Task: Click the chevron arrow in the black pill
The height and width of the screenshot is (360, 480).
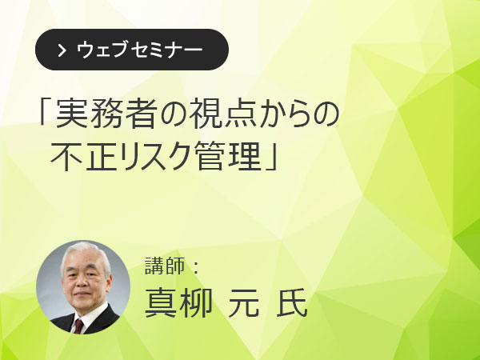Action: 62,50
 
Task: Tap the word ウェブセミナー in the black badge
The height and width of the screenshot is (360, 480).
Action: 139,50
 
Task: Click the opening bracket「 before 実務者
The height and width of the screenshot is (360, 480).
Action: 44,112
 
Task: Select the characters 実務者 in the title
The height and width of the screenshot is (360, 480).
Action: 106,114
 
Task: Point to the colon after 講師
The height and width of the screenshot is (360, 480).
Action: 196,266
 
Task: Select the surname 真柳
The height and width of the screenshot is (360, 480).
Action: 178,303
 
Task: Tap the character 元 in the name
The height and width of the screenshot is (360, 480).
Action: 244,303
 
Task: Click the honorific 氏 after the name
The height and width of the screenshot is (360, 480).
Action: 292,303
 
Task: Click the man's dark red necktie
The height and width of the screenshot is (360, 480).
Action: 78,326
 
